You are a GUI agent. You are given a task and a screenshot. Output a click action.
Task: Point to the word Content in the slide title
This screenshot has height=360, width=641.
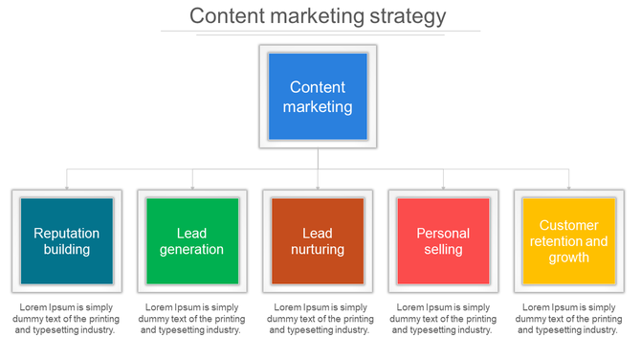[x=225, y=16]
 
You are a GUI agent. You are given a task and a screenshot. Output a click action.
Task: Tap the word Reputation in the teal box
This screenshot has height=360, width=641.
[x=66, y=233]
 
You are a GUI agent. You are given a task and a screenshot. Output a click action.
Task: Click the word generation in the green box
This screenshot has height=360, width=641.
[x=191, y=249]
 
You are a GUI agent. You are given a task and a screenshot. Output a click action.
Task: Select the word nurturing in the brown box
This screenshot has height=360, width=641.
[x=318, y=249]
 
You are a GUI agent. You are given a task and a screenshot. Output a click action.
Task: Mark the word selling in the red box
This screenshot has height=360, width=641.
[x=443, y=249]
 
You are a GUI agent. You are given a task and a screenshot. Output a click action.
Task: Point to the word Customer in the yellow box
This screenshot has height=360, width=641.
[x=568, y=226]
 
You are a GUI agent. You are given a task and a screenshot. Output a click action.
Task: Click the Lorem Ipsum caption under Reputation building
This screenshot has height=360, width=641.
[x=66, y=318]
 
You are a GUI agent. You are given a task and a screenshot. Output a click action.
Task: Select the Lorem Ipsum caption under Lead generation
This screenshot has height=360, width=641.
[x=191, y=318]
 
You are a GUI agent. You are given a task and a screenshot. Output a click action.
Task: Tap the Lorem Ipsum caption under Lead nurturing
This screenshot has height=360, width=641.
[x=318, y=318]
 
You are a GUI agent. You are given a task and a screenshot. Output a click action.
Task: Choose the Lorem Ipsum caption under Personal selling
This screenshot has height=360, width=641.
[x=443, y=318]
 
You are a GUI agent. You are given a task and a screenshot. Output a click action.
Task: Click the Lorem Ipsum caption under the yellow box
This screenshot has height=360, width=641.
[x=568, y=318]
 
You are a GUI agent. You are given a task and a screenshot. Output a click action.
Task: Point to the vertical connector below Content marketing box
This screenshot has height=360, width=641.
[x=318, y=159]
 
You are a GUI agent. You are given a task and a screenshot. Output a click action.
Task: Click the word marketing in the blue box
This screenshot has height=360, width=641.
[x=318, y=107]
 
